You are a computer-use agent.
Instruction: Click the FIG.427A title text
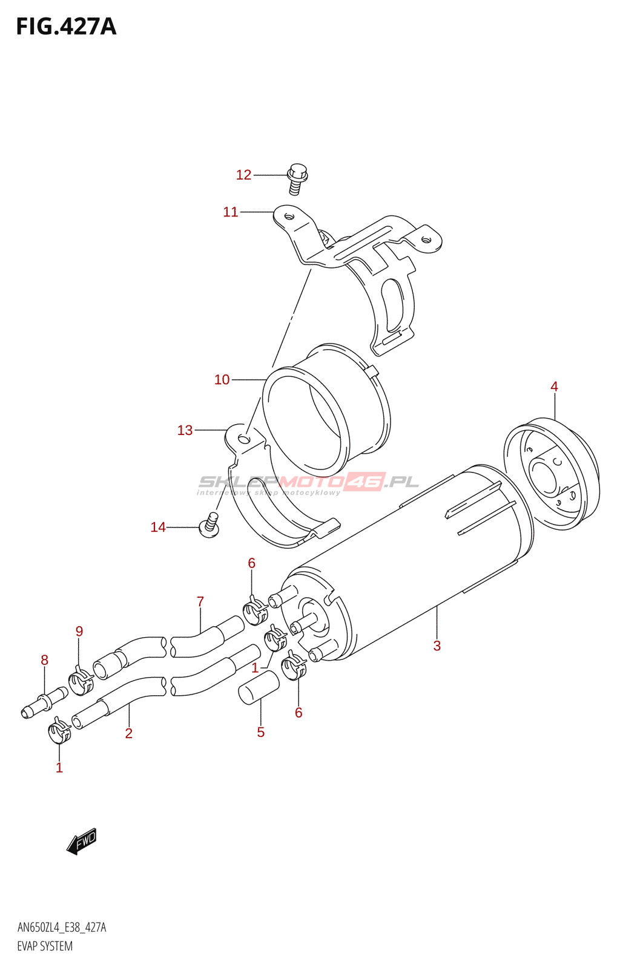click(x=66, y=27)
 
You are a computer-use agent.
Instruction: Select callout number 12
click(x=243, y=175)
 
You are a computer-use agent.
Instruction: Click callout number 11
click(x=231, y=212)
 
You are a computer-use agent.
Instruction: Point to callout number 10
click(x=222, y=379)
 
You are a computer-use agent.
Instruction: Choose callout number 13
click(x=185, y=430)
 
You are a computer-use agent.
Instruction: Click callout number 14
click(x=158, y=528)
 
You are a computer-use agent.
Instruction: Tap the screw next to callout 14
click(x=209, y=526)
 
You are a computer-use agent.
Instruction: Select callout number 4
click(x=554, y=387)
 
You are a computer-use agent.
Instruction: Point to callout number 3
click(x=437, y=646)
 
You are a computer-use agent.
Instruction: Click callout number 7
click(x=200, y=602)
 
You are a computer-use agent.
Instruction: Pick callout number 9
click(x=79, y=632)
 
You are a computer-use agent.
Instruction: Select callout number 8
click(x=44, y=660)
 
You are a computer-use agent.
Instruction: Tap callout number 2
click(x=128, y=733)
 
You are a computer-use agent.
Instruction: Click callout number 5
click(x=261, y=732)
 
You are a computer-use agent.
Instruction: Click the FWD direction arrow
click(x=82, y=840)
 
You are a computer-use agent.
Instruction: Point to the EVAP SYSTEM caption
click(x=45, y=946)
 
